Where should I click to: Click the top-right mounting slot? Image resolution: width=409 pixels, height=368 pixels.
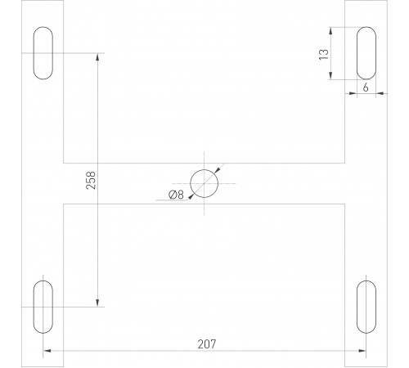click(367, 54)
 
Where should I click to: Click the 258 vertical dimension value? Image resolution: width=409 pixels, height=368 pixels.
click(90, 181)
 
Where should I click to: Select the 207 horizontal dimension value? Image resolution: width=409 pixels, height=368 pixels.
click(206, 344)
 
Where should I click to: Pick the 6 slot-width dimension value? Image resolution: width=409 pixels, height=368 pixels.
click(366, 85)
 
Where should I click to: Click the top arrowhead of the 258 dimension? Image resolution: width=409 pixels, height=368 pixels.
click(98, 57)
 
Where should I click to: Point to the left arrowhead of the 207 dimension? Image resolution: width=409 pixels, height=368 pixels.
click(46, 352)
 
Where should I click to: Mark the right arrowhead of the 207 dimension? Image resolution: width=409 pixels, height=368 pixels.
click(363, 352)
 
